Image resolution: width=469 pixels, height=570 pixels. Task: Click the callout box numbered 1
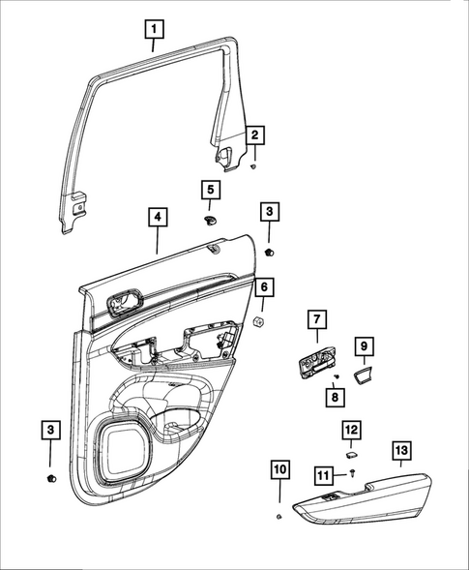[153, 30]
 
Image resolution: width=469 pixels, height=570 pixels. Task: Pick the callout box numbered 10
[278, 471]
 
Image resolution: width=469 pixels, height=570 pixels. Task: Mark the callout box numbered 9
[365, 345]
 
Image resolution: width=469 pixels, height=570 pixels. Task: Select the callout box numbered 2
[255, 135]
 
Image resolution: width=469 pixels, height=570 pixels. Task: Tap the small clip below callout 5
[210, 220]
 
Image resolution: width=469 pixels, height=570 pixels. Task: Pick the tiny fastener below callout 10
[278, 518]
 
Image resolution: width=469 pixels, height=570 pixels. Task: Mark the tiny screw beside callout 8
[335, 375]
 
